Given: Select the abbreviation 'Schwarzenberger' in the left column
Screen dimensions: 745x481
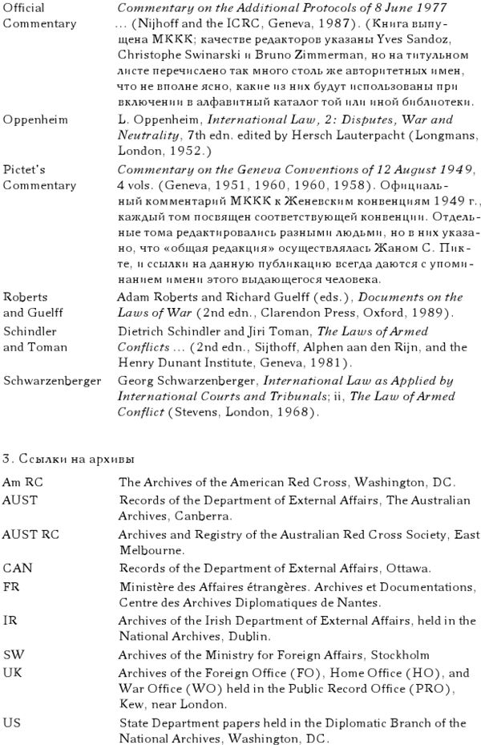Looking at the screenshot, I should [51, 381].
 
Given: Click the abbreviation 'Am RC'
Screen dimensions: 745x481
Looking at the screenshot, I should [22, 483].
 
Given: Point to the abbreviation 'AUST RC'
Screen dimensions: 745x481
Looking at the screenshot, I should [30, 534].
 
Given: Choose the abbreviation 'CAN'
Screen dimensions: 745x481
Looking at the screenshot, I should [17, 569].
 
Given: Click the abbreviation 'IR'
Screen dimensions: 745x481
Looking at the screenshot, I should [10, 621].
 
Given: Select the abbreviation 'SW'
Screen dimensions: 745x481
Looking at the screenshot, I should [13, 655].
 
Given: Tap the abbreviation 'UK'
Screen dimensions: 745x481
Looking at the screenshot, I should [12, 673].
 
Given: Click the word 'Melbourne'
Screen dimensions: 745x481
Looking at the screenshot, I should [149, 552].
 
